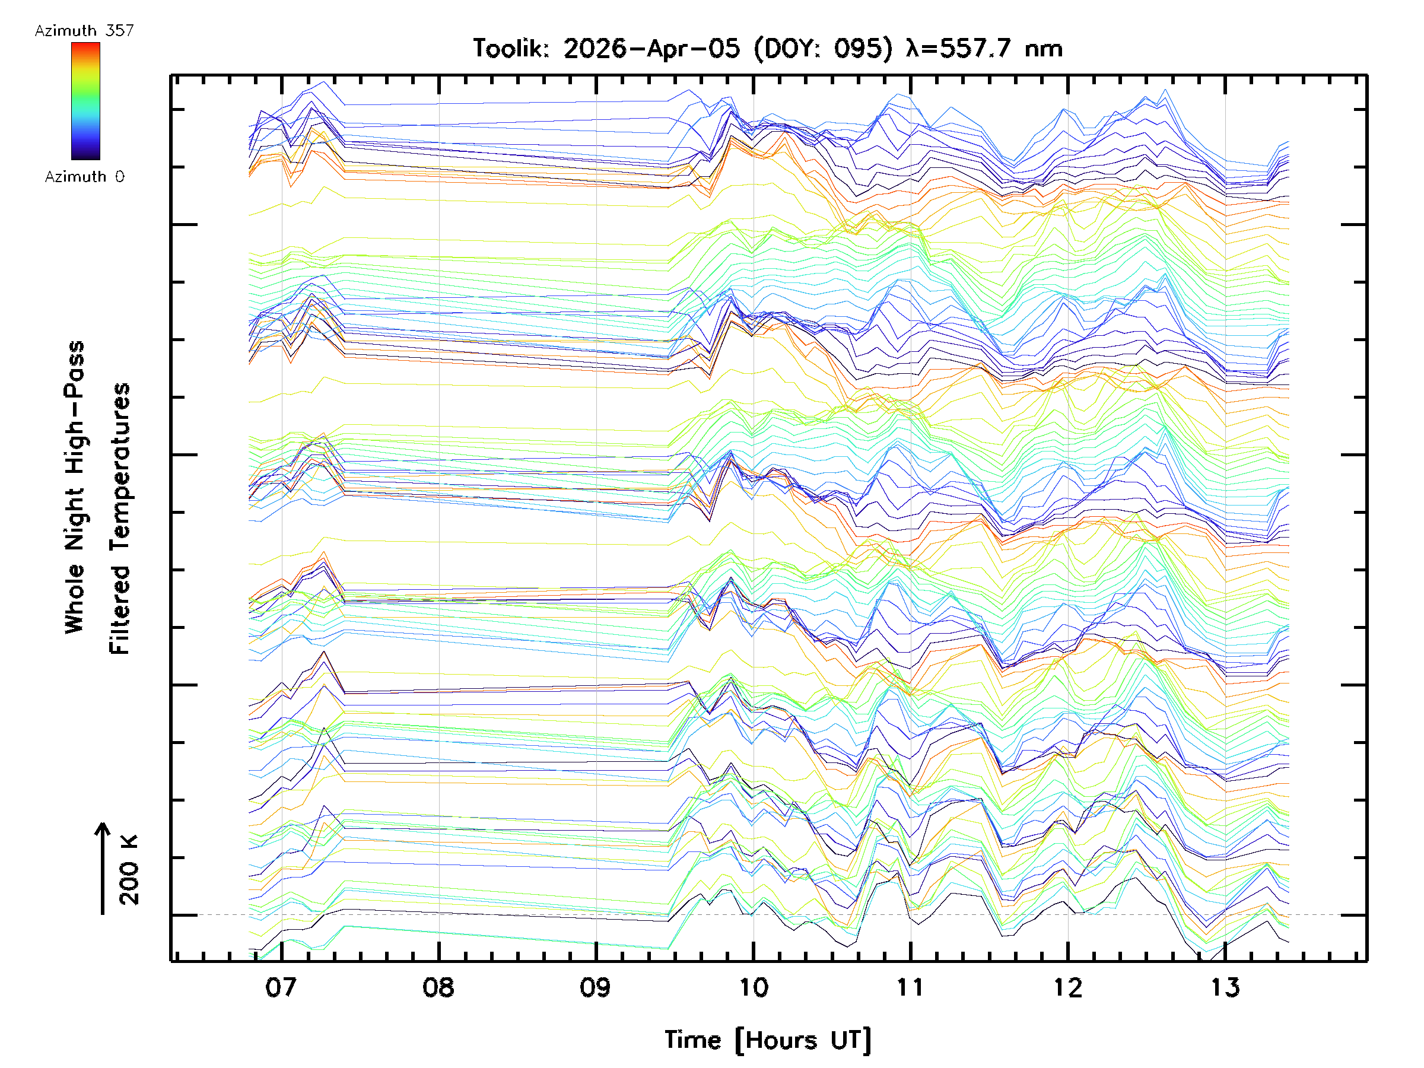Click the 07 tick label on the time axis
tap(281, 987)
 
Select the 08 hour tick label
tap(438, 987)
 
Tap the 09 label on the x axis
tap(596, 987)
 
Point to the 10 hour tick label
tap(753, 987)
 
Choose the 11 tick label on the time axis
tap(910, 987)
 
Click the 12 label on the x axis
tap(1067, 987)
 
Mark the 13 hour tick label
tap(1225, 987)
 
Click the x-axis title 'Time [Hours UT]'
tap(768, 1040)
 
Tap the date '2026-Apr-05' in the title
tap(651, 49)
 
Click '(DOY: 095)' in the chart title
tap(824, 49)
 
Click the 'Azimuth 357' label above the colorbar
tap(84, 31)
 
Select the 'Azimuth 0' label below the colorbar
tap(84, 177)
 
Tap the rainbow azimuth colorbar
tap(85, 101)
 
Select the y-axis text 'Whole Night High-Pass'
tap(75, 487)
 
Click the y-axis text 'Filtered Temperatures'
tap(120, 519)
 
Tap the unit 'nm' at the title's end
tap(1043, 49)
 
